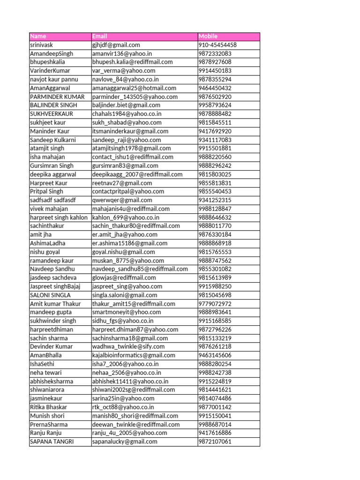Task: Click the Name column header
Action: (38, 37)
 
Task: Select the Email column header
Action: (99, 37)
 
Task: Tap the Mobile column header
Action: (208, 37)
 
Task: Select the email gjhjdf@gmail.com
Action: (116, 45)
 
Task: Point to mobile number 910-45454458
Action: (217, 45)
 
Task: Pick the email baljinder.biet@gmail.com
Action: (126, 105)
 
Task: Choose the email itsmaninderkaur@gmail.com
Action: (130, 131)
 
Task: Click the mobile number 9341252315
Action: (215, 200)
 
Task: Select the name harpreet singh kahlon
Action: (59, 217)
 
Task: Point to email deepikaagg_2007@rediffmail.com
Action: (137, 174)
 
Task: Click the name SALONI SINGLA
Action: (50, 295)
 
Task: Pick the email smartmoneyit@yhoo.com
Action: (127, 312)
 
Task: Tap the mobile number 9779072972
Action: (215, 304)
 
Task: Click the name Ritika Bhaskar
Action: (48, 407)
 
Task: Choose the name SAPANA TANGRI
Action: (52, 442)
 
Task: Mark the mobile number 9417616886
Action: (215, 433)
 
